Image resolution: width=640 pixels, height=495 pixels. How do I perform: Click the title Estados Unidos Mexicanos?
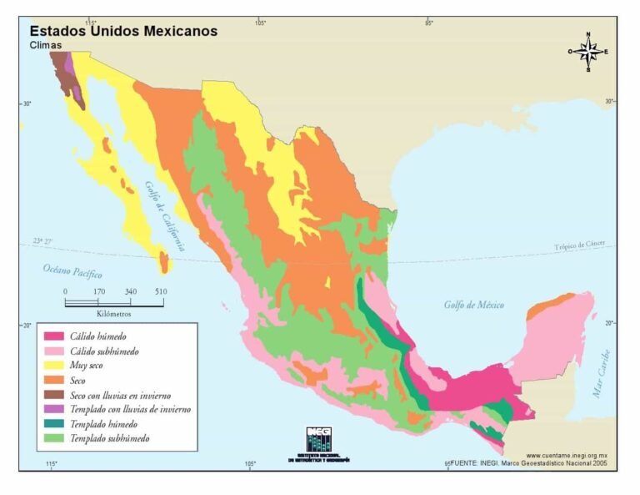click(123, 31)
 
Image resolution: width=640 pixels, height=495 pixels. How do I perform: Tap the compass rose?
click(587, 52)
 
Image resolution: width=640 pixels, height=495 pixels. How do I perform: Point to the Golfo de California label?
click(163, 216)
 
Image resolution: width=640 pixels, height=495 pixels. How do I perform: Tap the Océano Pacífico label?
click(72, 271)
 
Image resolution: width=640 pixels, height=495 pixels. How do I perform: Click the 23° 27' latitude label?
click(42, 241)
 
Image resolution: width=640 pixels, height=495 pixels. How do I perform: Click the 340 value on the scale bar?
click(130, 291)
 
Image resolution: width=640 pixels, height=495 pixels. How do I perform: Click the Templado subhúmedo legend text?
click(109, 438)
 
